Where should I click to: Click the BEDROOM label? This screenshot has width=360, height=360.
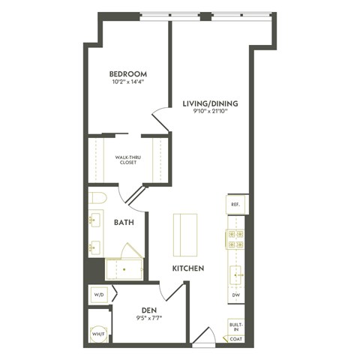127,73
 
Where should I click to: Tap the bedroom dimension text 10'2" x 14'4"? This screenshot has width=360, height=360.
127,83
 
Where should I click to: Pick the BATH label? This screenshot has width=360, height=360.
124,223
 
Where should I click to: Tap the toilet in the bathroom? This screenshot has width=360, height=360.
97,198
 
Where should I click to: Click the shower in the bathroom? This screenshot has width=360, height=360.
124,268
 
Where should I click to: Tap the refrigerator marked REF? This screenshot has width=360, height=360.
235,204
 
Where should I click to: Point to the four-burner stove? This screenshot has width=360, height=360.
235,239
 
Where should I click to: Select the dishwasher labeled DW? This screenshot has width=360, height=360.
235,295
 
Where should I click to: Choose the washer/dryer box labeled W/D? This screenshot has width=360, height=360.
99,295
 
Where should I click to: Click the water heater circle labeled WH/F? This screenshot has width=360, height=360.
98,334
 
